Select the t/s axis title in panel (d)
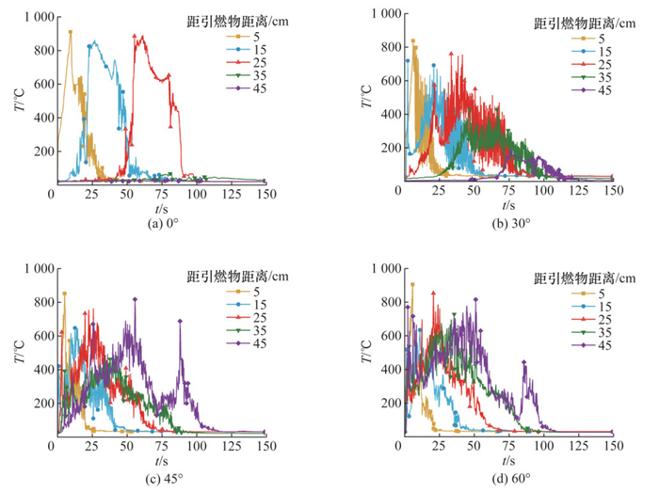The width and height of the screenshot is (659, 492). [508, 462]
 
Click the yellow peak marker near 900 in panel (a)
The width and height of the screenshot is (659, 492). [70, 32]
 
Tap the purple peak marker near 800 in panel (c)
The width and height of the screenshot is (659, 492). [136, 299]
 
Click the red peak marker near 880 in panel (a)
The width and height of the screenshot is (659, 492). [136, 38]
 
